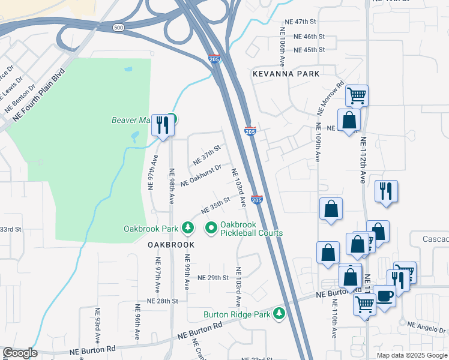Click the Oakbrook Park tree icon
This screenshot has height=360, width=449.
coord(188,228)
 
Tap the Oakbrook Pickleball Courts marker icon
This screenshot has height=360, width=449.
coord(211,228)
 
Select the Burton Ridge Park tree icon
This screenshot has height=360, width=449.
coord(279,314)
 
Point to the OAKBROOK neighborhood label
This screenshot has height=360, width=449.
coord(172,245)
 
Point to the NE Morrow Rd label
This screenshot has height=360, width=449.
coord(331,95)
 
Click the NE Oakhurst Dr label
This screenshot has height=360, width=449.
coord(201,175)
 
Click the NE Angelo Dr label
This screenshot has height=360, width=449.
coord(427,328)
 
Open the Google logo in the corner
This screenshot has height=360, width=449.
coord(20,353)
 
